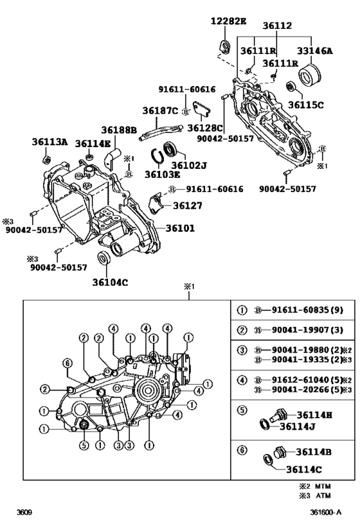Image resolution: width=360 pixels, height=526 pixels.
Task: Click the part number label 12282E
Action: click(228, 21)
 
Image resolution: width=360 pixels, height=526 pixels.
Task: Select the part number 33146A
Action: click(314, 51)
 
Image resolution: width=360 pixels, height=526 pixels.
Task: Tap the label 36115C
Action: click(306, 105)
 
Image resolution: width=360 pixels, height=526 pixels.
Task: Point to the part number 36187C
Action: click(160, 110)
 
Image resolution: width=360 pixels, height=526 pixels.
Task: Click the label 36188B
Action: click(119, 130)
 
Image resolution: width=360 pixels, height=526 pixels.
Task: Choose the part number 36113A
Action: click(50, 142)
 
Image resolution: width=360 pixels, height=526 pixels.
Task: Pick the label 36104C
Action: click(110, 283)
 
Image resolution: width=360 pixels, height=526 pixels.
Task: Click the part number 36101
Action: click(180, 228)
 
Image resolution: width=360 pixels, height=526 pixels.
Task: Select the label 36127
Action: click(188, 206)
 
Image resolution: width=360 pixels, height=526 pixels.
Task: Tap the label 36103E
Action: click(162, 175)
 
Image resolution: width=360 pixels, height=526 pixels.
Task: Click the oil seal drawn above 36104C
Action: click(104, 258)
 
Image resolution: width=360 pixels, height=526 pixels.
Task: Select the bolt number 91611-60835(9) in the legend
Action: click(307, 310)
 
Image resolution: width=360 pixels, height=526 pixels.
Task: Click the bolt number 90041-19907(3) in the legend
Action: click(307, 329)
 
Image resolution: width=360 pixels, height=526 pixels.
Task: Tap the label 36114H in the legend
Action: click(314, 416)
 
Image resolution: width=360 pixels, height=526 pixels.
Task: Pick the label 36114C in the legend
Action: click(304, 469)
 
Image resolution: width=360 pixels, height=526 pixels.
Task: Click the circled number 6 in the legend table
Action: click(242, 450)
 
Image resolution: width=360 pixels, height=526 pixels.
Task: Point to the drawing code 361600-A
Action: click(326, 513)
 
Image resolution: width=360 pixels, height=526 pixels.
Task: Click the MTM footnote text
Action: click(315, 486)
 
